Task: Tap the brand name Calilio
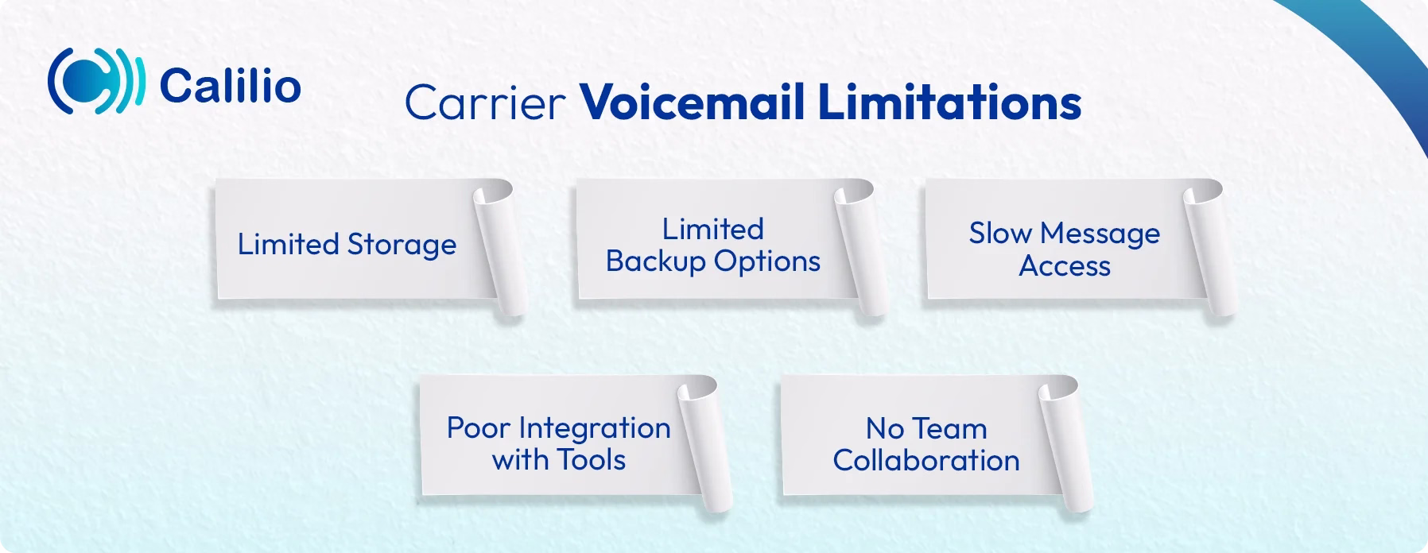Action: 230,86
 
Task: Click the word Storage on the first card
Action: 402,245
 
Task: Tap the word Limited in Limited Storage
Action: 289,244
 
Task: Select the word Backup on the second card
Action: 656,261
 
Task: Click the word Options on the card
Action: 766,261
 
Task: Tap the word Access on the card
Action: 1065,266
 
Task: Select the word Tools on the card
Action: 591,460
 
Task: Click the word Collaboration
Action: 926,461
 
